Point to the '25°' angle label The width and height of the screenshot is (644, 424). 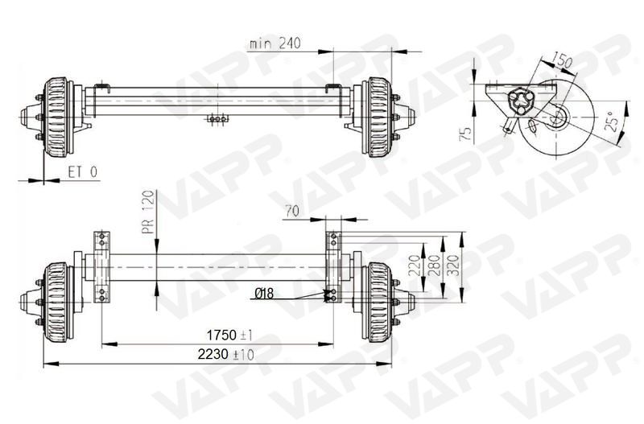click(x=612, y=121)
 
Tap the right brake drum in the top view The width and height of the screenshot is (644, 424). click(x=377, y=117)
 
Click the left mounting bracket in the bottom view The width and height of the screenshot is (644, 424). click(x=101, y=266)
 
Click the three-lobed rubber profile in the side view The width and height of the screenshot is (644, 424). click(x=521, y=101)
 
